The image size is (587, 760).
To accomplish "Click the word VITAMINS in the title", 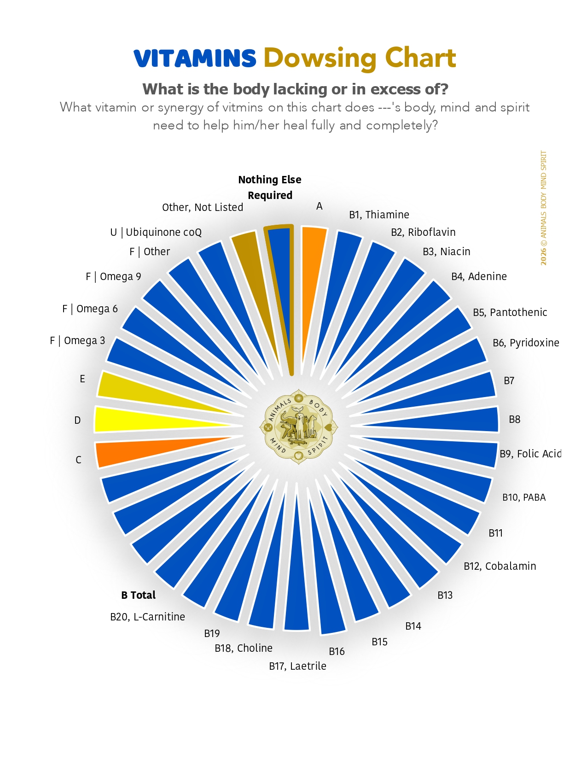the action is pos(195,58).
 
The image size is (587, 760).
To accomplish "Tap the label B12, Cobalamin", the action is pos(500,566).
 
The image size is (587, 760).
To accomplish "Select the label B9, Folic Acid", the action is pos(530,454).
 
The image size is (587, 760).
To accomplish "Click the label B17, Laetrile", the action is pos(297,666).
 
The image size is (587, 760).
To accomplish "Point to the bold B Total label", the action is pos(139,595).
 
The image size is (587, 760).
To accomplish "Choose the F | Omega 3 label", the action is pos(77,340).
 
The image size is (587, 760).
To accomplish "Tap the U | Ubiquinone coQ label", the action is pos(156,232).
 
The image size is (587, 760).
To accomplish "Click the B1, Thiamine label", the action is pos(379,214).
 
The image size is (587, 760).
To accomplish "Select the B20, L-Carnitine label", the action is pos(147,617).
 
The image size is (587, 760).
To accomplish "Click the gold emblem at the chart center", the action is pos(298,427).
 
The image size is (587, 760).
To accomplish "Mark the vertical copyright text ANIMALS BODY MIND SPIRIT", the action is pos(543,208).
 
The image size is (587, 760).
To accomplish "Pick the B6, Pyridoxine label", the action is pos(526,343).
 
